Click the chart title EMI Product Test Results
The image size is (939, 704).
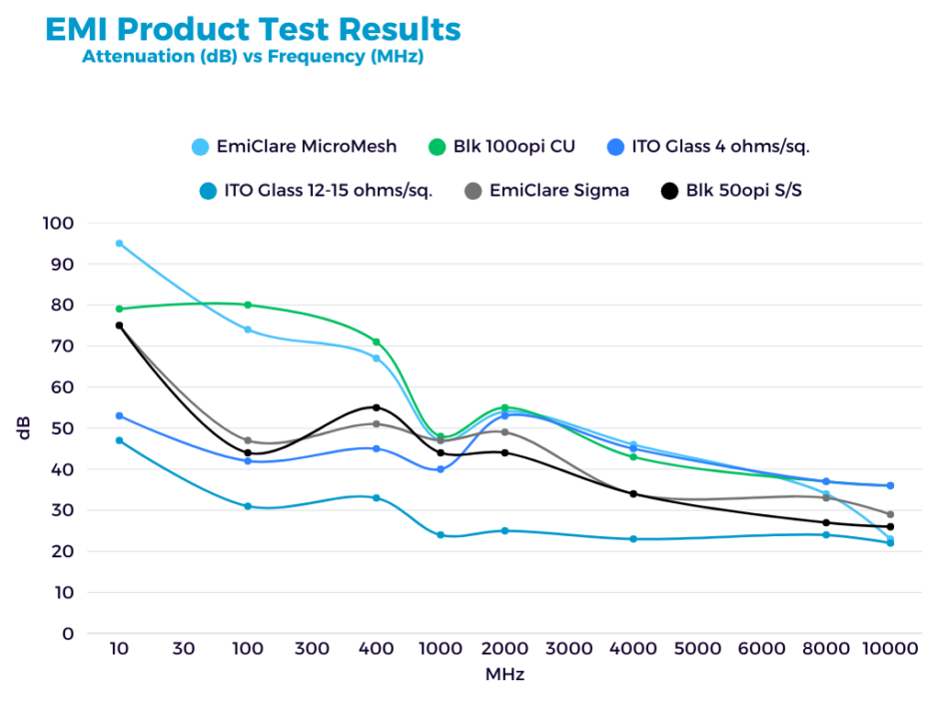pos(253,30)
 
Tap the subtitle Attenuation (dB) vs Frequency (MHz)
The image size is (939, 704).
pos(253,57)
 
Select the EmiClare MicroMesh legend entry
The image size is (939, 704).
pos(294,147)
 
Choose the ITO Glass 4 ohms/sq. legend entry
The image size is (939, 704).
pos(707,147)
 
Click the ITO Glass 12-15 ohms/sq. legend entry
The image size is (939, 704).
pos(316,190)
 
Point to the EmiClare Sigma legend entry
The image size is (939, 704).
pos(547,190)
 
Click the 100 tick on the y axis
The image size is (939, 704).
pos(61,223)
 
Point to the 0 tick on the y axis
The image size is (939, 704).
pos(68,633)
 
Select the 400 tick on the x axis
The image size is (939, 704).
pos(377,649)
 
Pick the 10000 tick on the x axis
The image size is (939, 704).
pos(890,649)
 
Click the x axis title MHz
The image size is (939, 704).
pos(504,674)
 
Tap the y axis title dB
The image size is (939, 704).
pos(25,427)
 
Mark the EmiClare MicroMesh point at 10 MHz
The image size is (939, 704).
pos(119,244)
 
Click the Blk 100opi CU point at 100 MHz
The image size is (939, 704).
pos(248,305)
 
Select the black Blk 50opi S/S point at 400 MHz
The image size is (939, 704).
pos(377,407)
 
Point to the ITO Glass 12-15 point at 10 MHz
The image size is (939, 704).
pos(119,440)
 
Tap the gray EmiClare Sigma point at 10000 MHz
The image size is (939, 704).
pos(890,514)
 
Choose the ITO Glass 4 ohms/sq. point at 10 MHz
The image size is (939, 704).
pos(119,415)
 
